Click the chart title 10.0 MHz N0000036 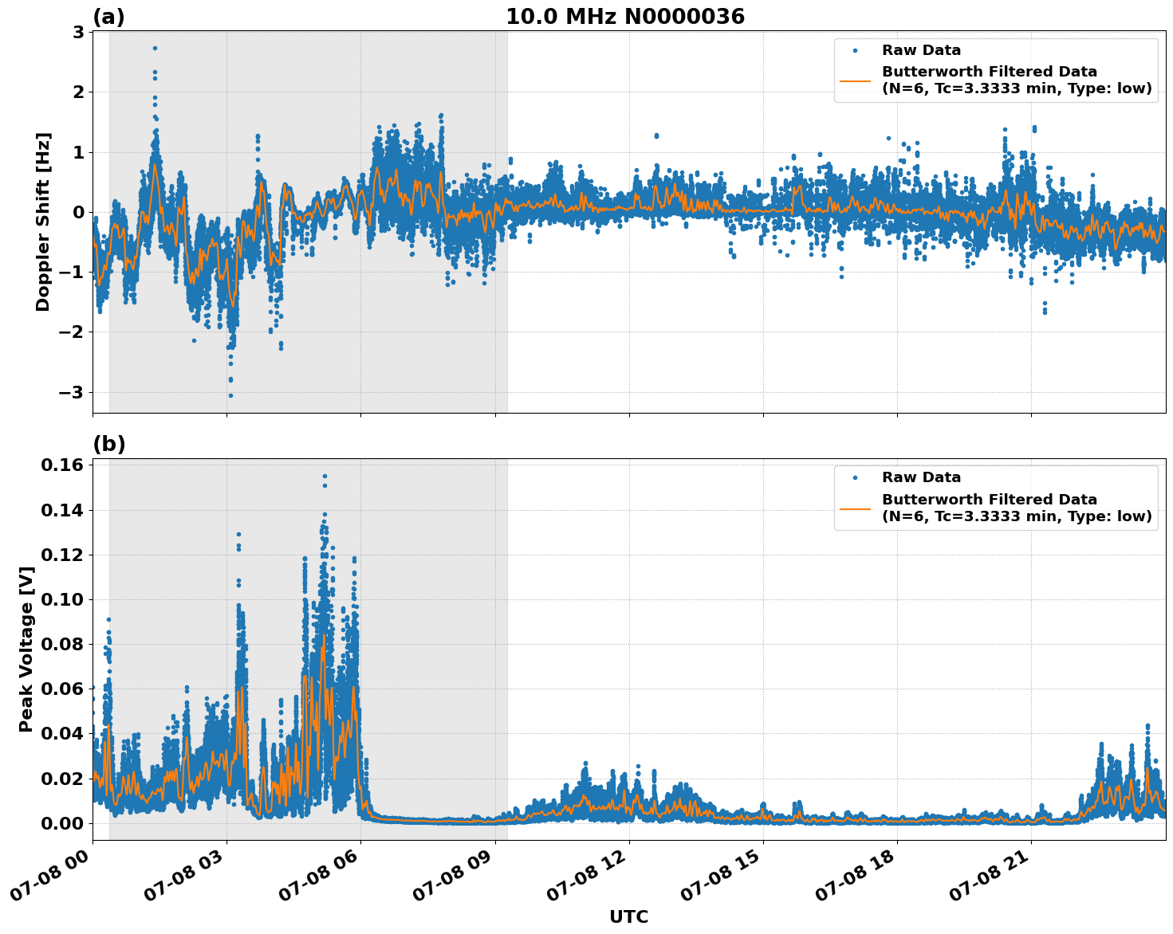click(624, 17)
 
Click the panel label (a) click(108, 17)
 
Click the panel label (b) click(108, 444)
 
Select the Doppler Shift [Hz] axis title click(43, 222)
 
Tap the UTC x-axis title click(628, 916)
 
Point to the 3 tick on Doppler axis click(79, 32)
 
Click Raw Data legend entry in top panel click(921, 50)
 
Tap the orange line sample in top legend click(855, 80)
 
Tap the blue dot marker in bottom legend click(855, 477)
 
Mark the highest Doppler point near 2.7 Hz click(155, 48)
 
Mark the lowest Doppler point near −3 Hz click(230, 395)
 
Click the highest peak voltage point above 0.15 click(325, 477)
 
